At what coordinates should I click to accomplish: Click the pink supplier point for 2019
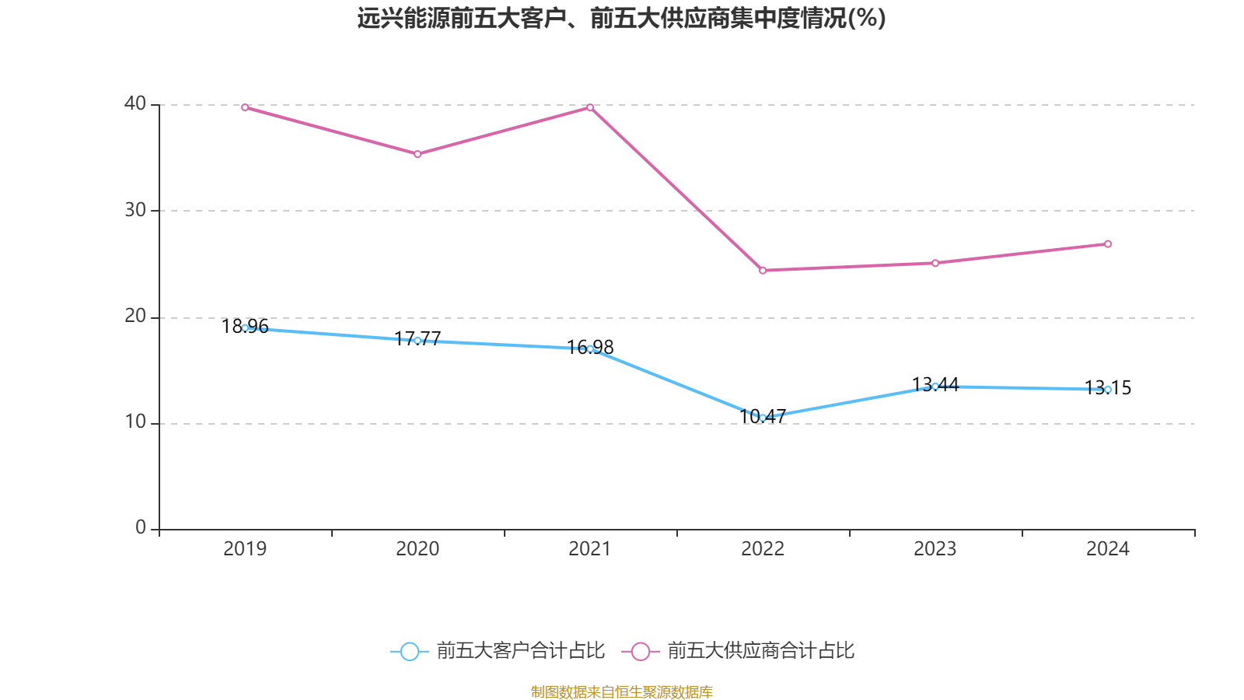245,107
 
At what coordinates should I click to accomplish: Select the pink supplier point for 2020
418,154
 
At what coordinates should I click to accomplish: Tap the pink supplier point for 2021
590,107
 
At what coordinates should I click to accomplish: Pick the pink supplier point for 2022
763,271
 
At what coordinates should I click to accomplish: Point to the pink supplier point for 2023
935,263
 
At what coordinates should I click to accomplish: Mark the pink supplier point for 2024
1108,244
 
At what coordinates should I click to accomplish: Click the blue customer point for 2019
245,328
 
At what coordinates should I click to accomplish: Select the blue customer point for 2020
418,341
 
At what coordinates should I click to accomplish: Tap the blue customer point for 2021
590,348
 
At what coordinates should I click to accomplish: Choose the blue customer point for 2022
763,418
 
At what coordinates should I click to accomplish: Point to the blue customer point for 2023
935,387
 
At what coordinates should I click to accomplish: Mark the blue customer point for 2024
1108,390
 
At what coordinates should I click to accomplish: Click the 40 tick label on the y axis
135,103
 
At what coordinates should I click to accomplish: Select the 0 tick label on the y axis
141,528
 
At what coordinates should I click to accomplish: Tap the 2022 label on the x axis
763,549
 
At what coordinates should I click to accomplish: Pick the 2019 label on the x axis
245,549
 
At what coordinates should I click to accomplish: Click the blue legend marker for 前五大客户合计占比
409,651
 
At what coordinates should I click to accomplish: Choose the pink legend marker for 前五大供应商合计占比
641,651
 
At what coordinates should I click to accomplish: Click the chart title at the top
622,18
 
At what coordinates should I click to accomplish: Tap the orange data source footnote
622,691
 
